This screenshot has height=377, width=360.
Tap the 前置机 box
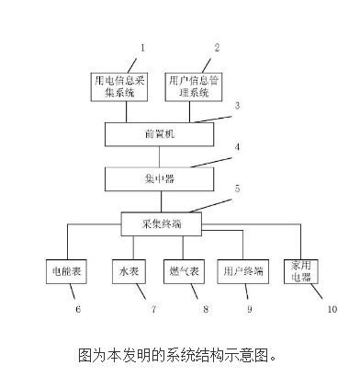coord(154,135)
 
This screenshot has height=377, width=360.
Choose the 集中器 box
coord(154,175)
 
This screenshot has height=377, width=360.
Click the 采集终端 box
coord(154,221)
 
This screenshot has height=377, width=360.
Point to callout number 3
coord(237,106)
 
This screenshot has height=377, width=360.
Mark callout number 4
coord(237,146)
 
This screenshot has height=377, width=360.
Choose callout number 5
coord(237,188)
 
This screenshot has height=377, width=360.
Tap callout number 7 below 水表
coord(152,308)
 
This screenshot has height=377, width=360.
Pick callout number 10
coord(333,308)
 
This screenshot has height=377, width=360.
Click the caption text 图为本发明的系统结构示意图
coord(177,352)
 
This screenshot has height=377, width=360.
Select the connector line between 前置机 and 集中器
coord(154,155)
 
